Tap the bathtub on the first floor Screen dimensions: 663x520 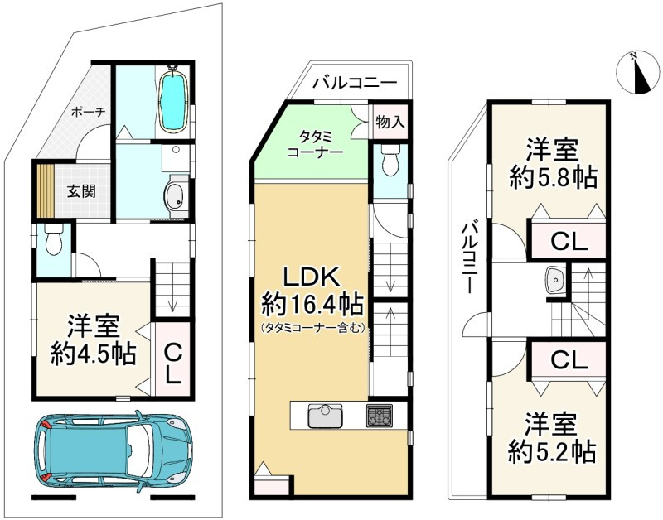point(172,99)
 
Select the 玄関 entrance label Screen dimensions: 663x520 point(81,191)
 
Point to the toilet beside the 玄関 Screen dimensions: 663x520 point(54,239)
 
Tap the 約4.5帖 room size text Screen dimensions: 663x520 point(94,354)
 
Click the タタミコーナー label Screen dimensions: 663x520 point(315,144)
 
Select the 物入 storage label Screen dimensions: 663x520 point(390,122)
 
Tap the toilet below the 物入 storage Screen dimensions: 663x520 point(390,160)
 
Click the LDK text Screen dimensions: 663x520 point(312,277)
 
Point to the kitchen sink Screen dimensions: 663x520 point(325,416)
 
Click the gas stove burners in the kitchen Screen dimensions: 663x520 point(380,415)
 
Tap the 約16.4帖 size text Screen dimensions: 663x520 point(312,304)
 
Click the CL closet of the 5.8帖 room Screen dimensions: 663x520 point(569,242)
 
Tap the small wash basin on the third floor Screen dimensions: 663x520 point(554,280)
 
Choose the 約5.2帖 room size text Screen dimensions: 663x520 point(552,452)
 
